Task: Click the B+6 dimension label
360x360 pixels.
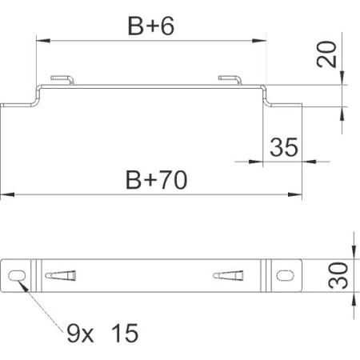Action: click(151, 26)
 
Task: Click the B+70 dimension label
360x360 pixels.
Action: click(156, 180)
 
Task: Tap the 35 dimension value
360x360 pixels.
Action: click(283, 147)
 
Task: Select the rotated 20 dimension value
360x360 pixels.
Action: click(326, 54)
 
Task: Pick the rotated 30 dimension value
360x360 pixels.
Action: click(338, 275)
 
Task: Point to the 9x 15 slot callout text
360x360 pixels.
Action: click(102, 333)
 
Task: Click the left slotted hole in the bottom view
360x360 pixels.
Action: click(17, 275)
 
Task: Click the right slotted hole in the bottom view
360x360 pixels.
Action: click(285, 275)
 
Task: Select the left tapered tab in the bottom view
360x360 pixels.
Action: click(61, 275)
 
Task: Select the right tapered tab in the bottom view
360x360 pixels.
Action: click(228, 275)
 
